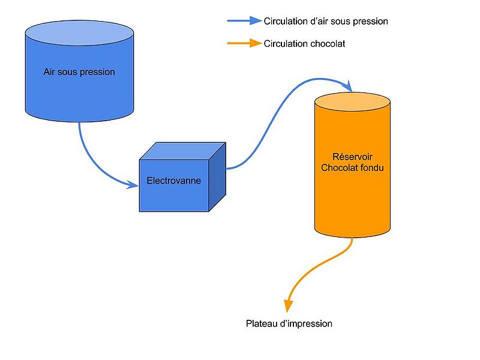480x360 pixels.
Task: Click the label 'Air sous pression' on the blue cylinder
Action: pos(79,72)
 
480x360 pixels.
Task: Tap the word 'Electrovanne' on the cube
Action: pos(174,180)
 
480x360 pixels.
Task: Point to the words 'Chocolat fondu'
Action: pos(352,168)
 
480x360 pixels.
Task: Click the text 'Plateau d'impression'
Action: pos(289,323)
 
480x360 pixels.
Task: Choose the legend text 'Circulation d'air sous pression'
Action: pos(326,21)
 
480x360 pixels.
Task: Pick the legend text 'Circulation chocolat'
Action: pos(304,44)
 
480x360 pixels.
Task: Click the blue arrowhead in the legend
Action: pos(256,21)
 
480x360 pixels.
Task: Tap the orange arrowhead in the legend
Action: pos(256,44)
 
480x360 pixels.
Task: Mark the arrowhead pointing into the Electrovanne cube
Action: pos(133,185)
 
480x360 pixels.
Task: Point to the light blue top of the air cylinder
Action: pos(79,31)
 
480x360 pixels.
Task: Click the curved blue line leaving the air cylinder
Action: pos(90,162)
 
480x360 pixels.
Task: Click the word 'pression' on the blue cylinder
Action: pos(97,72)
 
